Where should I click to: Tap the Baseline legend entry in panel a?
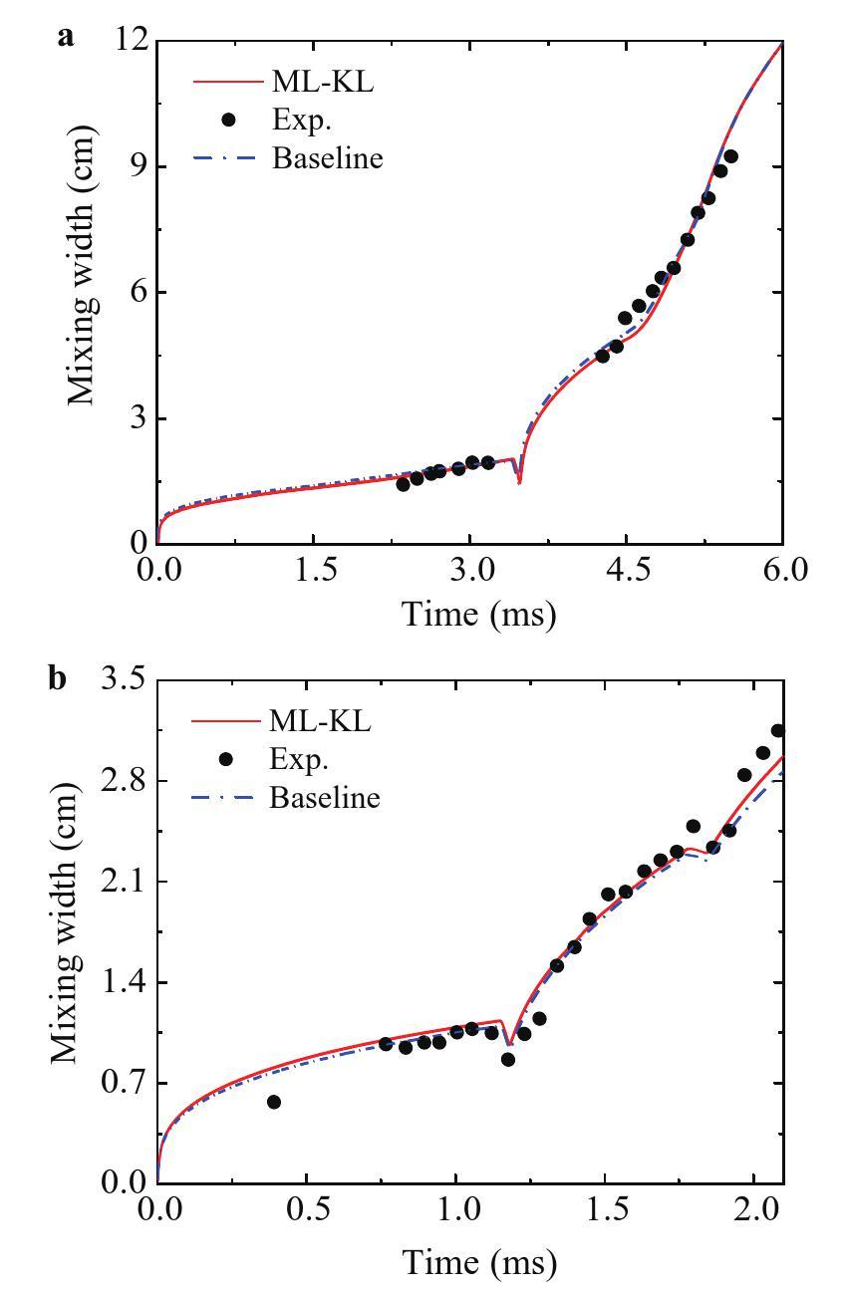[x=327, y=158]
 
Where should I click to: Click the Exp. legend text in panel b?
[x=299, y=759]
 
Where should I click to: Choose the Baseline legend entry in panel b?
[x=325, y=798]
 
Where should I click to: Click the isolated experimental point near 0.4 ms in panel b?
[x=274, y=1102]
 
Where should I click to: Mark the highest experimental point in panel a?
[x=730, y=156]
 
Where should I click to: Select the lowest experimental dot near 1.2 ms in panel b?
[x=508, y=1059]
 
